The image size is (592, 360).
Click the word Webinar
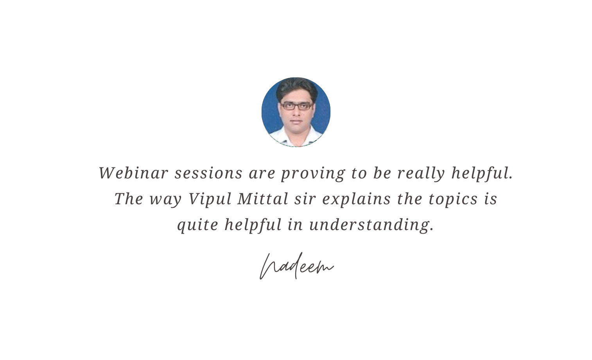(x=133, y=173)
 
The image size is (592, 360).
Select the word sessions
(x=208, y=173)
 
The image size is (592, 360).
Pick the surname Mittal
(x=263, y=199)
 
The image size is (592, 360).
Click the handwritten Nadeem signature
(x=296, y=266)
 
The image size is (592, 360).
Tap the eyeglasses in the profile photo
(x=296, y=106)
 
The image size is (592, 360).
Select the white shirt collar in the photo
(x=296, y=137)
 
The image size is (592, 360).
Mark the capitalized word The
(x=129, y=199)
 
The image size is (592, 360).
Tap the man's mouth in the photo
(x=296, y=121)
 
